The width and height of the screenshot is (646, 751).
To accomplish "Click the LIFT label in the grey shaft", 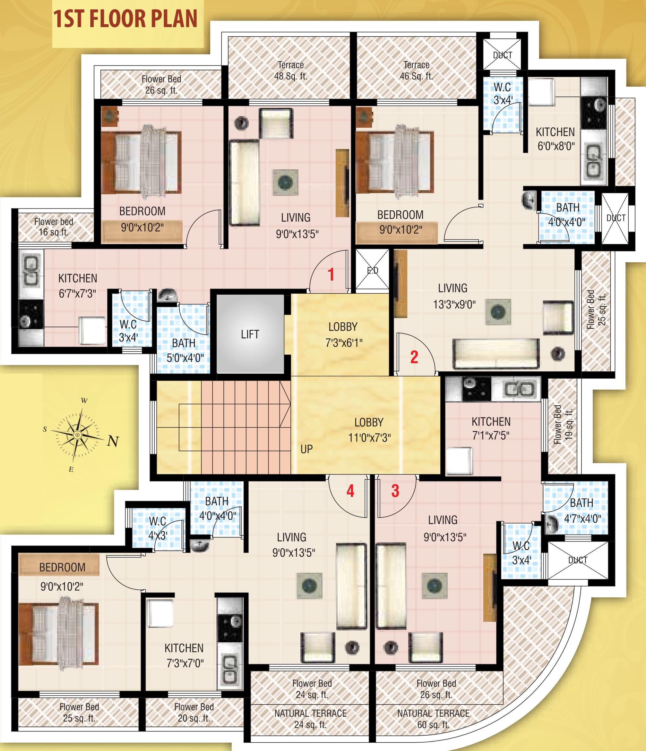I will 250,334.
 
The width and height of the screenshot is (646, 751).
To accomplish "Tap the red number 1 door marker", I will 331,274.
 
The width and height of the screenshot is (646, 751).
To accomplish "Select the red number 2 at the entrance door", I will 414,357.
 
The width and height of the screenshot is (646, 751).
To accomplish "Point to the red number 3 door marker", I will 395,491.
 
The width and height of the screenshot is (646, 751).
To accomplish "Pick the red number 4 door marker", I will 350,491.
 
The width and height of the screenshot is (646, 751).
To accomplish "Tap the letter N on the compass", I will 113,441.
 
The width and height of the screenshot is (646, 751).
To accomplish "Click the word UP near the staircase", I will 306,450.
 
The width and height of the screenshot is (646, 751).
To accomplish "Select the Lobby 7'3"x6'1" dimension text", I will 343,342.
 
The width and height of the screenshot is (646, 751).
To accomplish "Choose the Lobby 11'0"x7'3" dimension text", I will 369,438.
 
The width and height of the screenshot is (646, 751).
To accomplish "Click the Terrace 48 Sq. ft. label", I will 290,70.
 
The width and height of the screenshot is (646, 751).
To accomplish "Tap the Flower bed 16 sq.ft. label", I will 54,227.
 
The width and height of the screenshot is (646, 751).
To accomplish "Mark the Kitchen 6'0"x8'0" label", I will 555,139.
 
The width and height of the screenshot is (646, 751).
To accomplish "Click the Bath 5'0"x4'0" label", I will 185,350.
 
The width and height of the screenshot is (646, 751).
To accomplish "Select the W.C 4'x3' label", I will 158,528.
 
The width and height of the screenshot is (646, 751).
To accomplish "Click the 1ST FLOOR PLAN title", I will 125,20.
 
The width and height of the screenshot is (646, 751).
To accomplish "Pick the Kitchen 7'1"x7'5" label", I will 491,428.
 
